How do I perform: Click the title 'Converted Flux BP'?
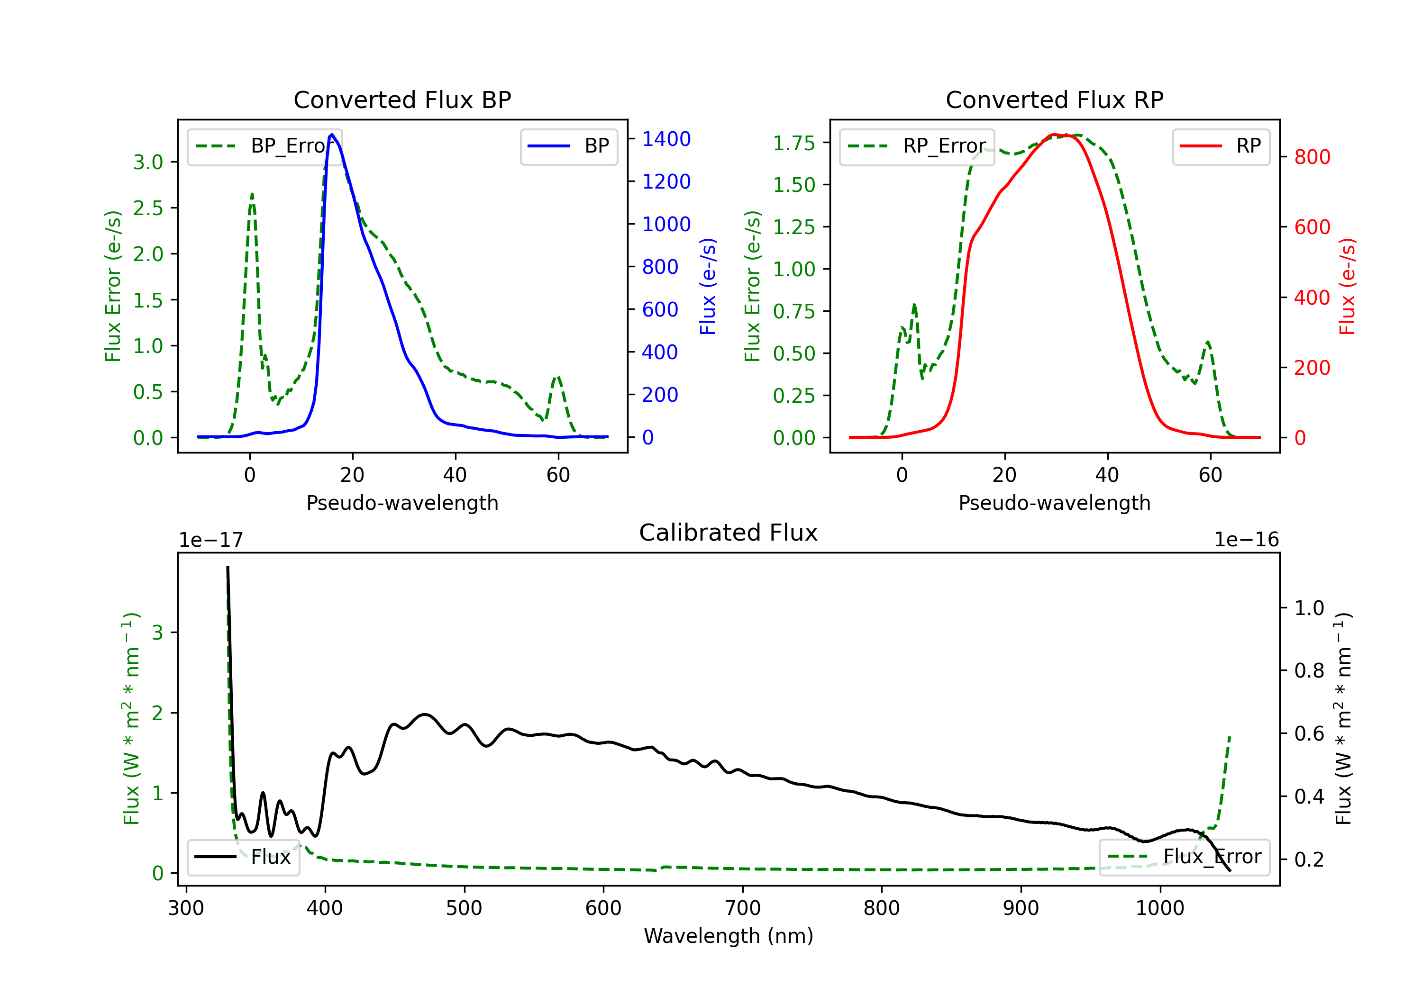point(402,99)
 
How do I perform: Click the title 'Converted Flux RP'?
point(1054,99)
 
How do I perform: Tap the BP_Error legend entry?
point(265,146)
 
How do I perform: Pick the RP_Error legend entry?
point(917,146)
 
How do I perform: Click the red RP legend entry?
point(1221,146)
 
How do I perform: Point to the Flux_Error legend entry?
point(1184,857)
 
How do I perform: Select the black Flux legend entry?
point(244,857)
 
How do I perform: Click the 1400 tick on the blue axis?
point(666,139)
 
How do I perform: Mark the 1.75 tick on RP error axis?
point(793,143)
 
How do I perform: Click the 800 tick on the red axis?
point(1312,157)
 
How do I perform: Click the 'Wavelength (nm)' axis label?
point(729,936)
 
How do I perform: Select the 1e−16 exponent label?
point(1246,540)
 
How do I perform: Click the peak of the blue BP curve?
point(332,135)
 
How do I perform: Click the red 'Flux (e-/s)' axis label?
point(1347,286)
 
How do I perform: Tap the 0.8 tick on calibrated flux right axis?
point(1309,670)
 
